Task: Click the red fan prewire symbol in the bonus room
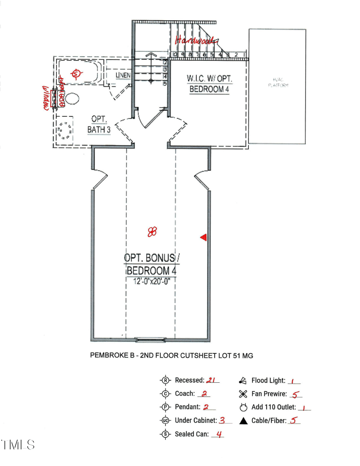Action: tap(152, 232)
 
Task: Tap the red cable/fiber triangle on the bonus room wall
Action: tap(203, 237)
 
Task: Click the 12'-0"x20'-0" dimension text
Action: tap(151, 281)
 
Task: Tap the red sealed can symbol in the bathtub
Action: tap(76, 73)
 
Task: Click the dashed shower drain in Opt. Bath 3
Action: tap(65, 130)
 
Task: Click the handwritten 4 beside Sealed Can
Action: tap(219, 434)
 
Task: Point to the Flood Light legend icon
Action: tap(243, 381)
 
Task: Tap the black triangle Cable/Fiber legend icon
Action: tap(243, 421)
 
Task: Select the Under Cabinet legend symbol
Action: tap(165, 421)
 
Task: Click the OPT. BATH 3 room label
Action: tap(99, 125)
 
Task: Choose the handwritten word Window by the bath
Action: tap(45, 98)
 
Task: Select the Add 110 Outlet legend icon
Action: tap(243, 408)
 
